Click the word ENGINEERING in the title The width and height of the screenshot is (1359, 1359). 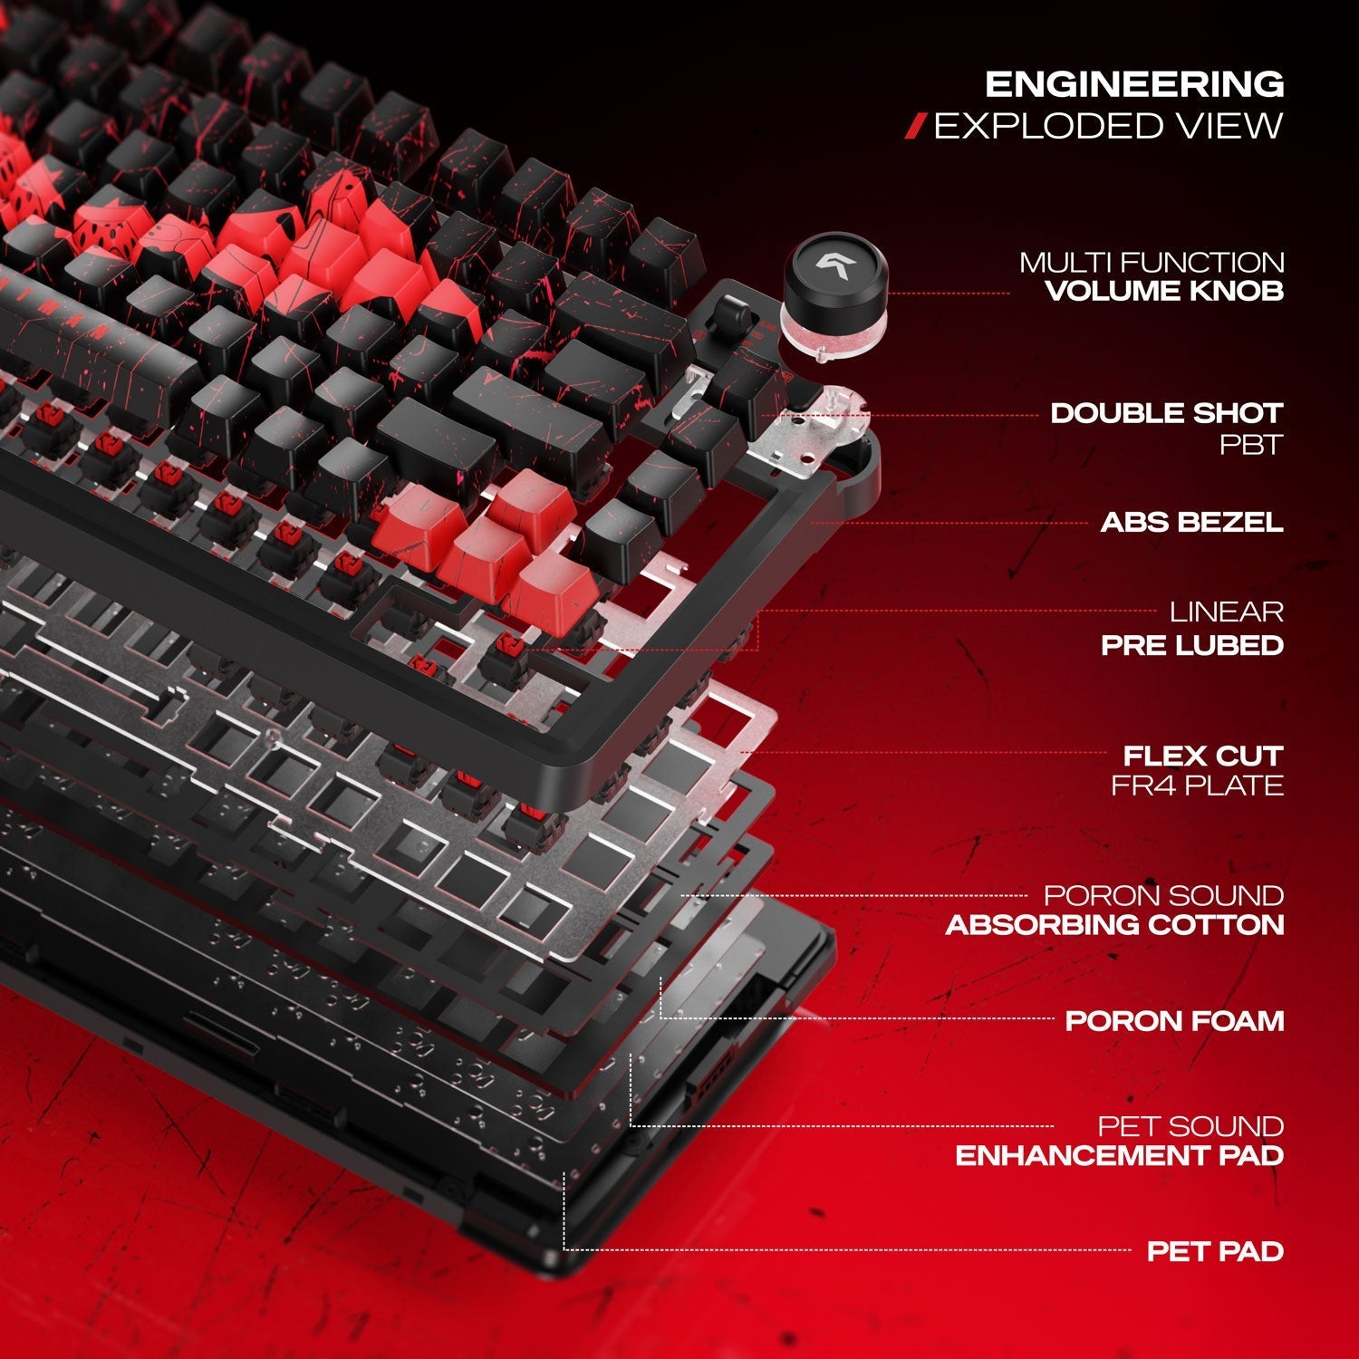1134,84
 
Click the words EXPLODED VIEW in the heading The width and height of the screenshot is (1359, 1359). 1109,126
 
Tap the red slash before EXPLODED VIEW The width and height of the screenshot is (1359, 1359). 918,127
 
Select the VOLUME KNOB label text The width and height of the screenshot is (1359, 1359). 1164,291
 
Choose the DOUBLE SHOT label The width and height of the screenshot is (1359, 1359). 1167,413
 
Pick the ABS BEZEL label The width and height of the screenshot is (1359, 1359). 1192,522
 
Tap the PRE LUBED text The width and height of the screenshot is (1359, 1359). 1192,645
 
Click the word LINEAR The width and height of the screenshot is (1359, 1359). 1227,612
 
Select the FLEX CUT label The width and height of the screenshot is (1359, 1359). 1203,756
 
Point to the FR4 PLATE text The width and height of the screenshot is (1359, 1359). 1198,786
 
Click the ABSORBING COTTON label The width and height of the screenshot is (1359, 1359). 1115,925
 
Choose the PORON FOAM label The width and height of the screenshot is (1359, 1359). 1175,1021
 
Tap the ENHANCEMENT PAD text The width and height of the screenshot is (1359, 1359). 1120,1156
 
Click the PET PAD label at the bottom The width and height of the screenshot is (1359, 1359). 1216,1251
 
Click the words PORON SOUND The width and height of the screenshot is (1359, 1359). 1164,895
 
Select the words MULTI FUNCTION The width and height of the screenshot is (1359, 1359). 1152,263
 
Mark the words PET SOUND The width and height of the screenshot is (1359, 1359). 1191,1126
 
